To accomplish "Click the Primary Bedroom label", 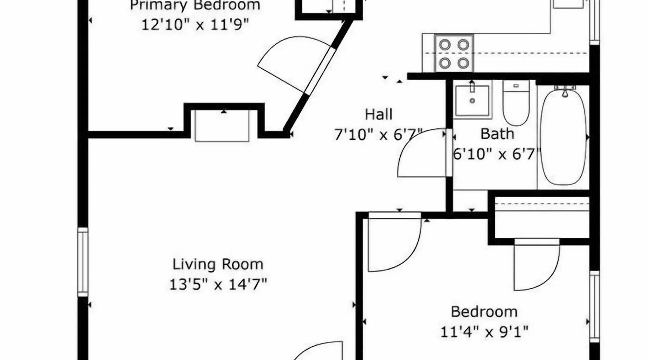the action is click(x=195, y=5).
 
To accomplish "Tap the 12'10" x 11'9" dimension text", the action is click(x=195, y=25).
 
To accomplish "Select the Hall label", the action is click(x=378, y=114).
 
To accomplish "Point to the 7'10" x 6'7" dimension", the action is click(x=378, y=135).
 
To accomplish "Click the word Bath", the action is click(x=497, y=134).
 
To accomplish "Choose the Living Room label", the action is click(x=218, y=265).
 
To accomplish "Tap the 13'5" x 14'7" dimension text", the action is click(x=218, y=285).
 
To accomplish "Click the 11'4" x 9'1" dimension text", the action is click(x=484, y=332).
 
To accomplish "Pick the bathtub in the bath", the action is click(x=563, y=137).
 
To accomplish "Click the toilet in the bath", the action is click(x=516, y=103).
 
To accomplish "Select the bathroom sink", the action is click(x=472, y=101).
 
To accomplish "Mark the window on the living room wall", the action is click(x=83, y=262).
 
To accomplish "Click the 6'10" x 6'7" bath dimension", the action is click(x=497, y=154).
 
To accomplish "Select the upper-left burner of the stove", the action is click(x=445, y=45).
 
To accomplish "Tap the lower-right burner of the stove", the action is click(x=463, y=63).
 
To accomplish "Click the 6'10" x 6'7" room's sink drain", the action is click(x=472, y=101).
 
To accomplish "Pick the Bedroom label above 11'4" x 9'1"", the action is click(x=484, y=312).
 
